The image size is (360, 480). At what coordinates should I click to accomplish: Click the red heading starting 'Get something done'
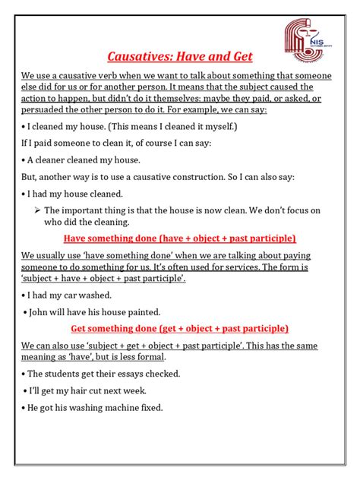(179, 329)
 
